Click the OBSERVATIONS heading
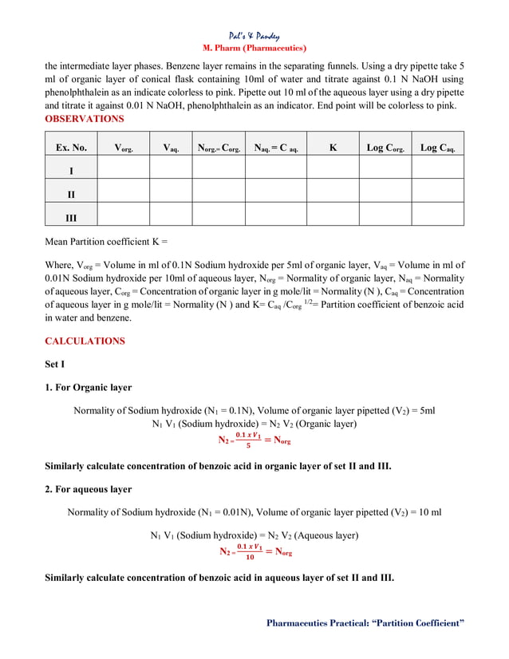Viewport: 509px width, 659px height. click(84, 119)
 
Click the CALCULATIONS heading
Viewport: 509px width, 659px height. click(85, 341)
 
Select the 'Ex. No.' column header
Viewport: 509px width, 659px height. click(71, 148)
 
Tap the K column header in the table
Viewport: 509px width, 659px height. click(333, 148)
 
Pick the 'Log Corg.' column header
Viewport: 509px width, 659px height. click(385, 148)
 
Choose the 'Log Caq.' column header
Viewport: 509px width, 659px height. click(438, 148)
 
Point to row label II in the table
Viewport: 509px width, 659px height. click(71, 194)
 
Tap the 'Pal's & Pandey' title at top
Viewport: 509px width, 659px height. click(254, 36)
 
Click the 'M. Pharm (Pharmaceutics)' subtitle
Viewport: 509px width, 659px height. click(254, 48)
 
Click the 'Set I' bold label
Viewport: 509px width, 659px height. click(56, 365)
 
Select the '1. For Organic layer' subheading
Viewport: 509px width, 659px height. click(88, 388)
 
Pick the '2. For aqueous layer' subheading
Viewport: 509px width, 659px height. click(88, 488)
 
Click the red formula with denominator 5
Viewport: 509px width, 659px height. click(254, 440)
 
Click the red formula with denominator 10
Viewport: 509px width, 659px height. click(254, 551)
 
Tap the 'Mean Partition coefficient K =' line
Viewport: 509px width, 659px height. click(106, 241)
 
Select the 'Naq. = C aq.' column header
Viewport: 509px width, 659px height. click(276, 148)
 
